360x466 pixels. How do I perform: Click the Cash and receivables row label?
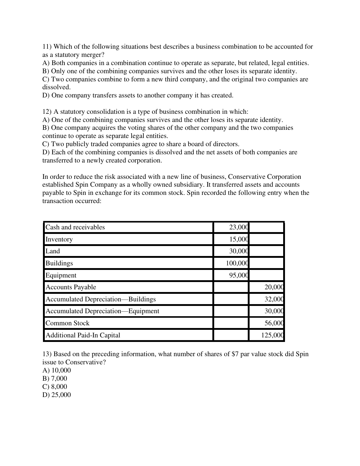tap(75, 227)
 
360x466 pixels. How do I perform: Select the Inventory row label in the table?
tap(59, 239)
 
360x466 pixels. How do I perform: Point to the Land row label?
tap(53, 251)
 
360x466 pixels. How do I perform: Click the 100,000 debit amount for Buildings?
tap(237, 263)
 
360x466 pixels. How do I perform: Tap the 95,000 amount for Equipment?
tap(239, 275)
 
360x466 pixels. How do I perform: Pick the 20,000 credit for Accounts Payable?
tap(274, 287)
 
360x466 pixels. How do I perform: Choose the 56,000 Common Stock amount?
tap(274, 323)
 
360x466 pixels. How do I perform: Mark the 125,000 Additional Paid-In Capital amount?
tap(272, 335)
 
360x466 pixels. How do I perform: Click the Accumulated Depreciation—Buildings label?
tap(100, 299)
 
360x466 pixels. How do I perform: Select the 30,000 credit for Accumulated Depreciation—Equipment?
tap(274, 311)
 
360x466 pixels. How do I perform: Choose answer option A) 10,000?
tap(57, 370)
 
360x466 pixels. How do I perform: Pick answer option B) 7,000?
tap(55, 379)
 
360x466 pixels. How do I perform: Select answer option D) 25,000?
tap(57, 395)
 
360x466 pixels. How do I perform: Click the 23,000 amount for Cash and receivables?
tap(239, 227)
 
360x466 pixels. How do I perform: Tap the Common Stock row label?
tap(67, 323)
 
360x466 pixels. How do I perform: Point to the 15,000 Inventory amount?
tap(239, 239)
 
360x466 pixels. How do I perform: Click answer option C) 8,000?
tap(55, 387)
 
